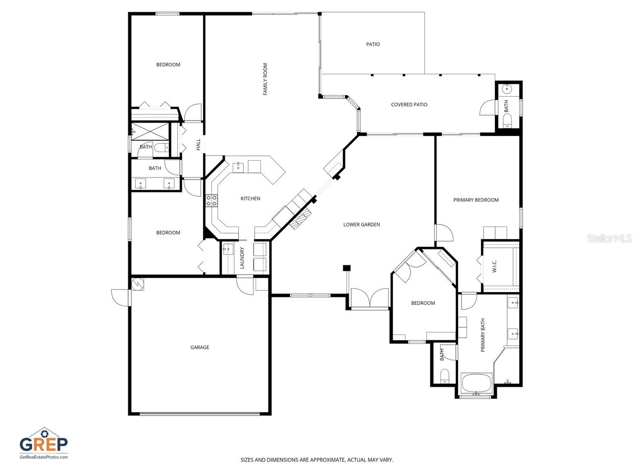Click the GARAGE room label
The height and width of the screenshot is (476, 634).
tap(200, 348)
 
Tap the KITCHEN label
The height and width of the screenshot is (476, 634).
tap(250, 199)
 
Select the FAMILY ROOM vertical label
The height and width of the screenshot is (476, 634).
tap(265, 79)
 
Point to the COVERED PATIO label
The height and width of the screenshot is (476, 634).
tap(409, 105)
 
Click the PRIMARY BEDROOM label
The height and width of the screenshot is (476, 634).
tap(476, 200)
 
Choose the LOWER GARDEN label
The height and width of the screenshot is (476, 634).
tap(362, 225)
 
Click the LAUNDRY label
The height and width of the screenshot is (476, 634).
tap(242, 258)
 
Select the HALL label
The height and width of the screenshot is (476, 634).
tap(198, 144)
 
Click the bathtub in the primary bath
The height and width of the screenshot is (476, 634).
tap(476, 384)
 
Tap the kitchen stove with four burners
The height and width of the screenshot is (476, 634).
tap(211, 200)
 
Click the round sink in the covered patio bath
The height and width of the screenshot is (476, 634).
tap(507, 89)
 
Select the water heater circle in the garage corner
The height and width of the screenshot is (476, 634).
tap(138, 284)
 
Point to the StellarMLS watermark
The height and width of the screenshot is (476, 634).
tap(609, 238)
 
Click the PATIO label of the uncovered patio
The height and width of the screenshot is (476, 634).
tap(373, 45)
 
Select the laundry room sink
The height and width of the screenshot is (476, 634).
tap(228, 249)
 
